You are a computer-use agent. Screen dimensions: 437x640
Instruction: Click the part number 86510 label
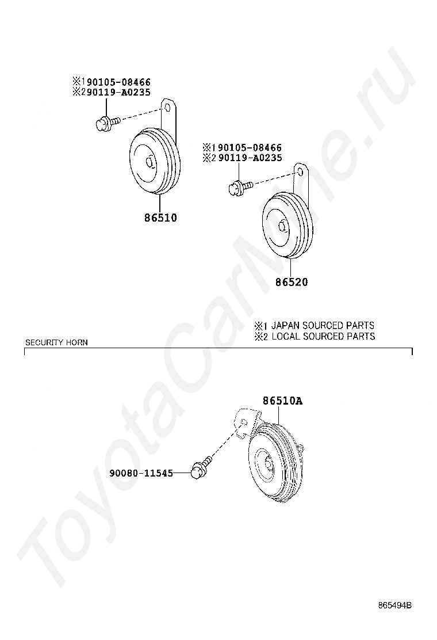[160, 218]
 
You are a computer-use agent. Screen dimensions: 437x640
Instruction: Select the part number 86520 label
[292, 281]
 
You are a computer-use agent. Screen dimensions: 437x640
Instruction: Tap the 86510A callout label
[282, 401]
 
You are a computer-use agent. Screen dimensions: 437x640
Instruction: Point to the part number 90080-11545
[141, 473]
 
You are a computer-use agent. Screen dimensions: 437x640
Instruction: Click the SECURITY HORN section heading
[56, 342]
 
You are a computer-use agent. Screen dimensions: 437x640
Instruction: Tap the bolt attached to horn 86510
[107, 122]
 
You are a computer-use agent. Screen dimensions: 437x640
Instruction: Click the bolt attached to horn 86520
[240, 186]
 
